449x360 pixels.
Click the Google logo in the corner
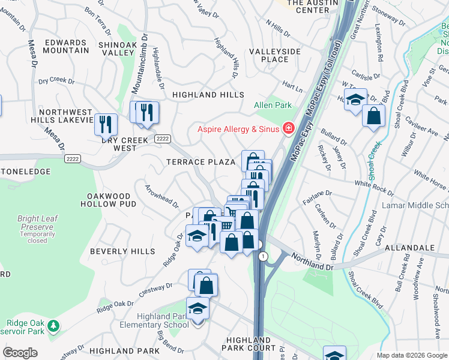point(20,353)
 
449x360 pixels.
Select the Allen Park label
point(273,106)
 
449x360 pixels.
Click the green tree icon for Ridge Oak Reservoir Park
point(54,326)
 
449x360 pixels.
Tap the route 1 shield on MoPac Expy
point(262,256)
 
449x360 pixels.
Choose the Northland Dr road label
point(312,260)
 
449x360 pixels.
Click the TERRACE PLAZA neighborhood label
point(200,163)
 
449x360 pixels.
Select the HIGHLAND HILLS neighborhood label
point(208,95)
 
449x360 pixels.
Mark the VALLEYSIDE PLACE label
point(274,55)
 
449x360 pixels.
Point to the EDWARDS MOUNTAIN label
point(65,46)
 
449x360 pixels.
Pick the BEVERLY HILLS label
point(122,251)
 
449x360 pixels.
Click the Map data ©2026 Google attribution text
point(412,355)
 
